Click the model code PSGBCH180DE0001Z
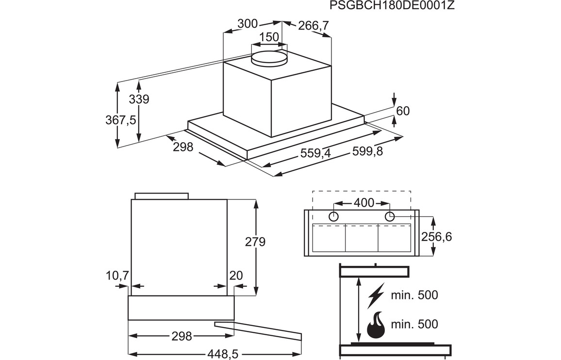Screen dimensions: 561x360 [x=392, y=5]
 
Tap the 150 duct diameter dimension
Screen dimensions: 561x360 [x=269, y=37]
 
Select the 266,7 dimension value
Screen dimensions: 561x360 [x=313, y=25]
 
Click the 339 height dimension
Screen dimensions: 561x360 [x=139, y=99]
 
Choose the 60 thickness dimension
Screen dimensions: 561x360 [x=403, y=111]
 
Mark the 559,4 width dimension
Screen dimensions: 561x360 [x=315, y=153]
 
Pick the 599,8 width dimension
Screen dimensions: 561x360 [x=367, y=151]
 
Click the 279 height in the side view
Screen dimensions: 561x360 [x=255, y=242]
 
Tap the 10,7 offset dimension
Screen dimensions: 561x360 [x=117, y=276]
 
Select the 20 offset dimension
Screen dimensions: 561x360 [x=236, y=276]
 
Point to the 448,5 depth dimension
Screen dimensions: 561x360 [x=223, y=354]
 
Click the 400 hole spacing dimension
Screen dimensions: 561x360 [x=364, y=203]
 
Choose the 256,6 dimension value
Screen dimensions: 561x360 [x=436, y=237]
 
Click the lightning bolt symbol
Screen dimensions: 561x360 [x=376, y=295]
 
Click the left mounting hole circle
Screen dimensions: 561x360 [x=333, y=216]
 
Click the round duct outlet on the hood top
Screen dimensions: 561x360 [x=269, y=57]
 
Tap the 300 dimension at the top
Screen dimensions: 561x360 [x=247, y=24]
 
